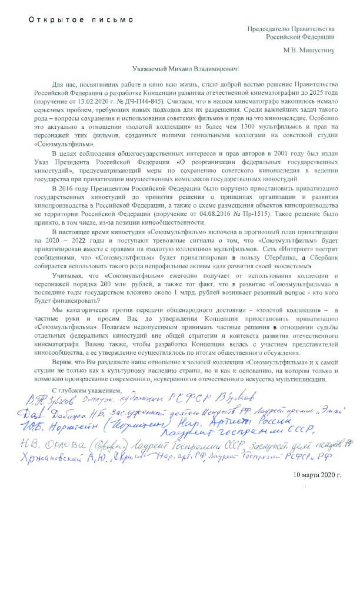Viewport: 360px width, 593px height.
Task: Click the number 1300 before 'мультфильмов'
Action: [222, 119]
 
